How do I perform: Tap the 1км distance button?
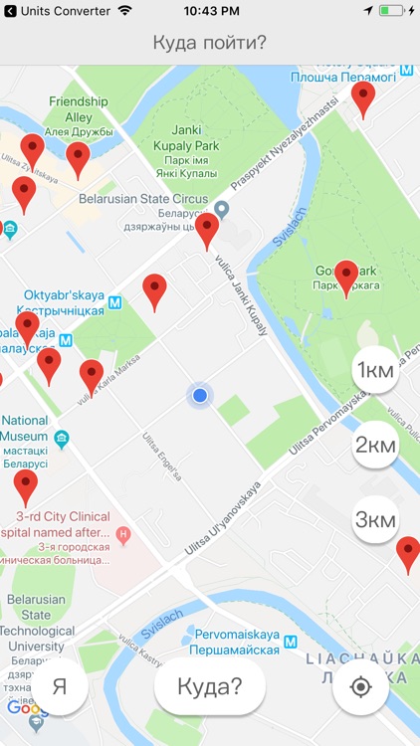pyautogui.click(x=376, y=371)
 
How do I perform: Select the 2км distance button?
pyautogui.click(x=376, y=445)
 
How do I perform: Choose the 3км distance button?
pyautogui.click(x=376, y=519)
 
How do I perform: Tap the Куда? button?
pyautogui.click(x=210, y=686)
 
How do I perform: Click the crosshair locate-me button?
pyautogui.click(x=360, y=686)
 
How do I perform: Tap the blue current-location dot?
pyautogui.click(x=200, y=396)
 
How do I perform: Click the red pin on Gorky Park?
pyautogui.click(x=346, y=277)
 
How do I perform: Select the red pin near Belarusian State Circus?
pyautogui.click(x=207, y=230)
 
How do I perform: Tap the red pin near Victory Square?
pyautogui.click(x=364, y=98)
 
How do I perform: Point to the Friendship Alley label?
pyautogui.click(x=78, y=108)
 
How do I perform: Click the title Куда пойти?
pyautogui.click(x=210, y=43)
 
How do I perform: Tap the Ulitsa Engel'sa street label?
pyautogui.click(x=162, y=457)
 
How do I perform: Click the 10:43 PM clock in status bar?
pyautogui.click(x=210, y=10)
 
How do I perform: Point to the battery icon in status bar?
pyautogui.click(x=394, y=10)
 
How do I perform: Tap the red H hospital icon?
pyautogui.click(x=123, y=535)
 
